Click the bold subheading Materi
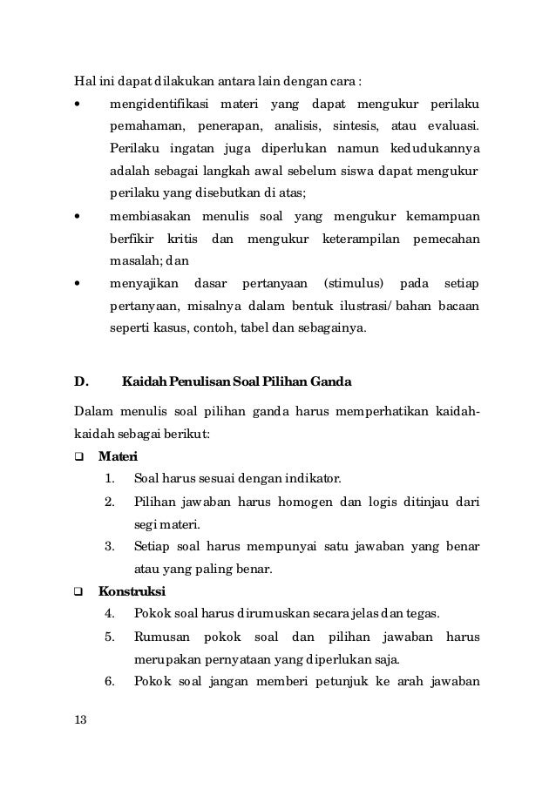(118, 455)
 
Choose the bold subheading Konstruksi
(132, 592)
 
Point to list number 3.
(110, 546)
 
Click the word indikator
(315, 478)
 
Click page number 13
(79, 720)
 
